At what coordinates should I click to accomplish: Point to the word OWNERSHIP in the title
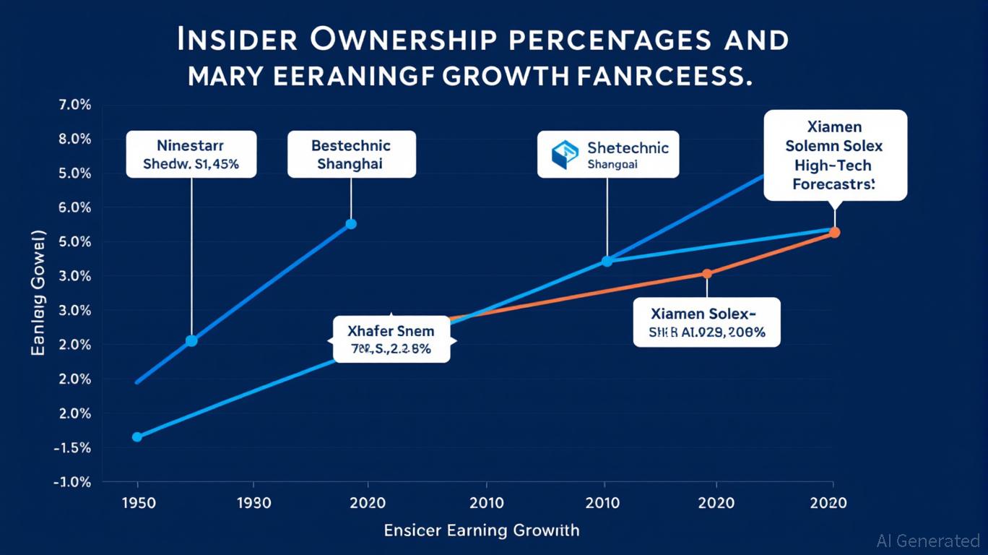point(403,40)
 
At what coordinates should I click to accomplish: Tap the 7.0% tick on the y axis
point(73,106)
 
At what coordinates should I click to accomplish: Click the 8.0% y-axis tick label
point(73,139)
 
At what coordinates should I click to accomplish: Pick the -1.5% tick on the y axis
point(71,448)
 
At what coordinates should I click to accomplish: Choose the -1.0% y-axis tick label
point(71,482)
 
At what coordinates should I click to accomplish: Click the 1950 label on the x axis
point(136,503)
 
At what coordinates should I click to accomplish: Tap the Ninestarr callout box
point(191,154)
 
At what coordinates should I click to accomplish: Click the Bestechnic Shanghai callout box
point(351,154)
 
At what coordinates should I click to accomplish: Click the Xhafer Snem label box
point(391,340)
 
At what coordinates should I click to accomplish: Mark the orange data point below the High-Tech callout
point(834,233)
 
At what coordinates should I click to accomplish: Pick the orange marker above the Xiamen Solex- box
point(707,273)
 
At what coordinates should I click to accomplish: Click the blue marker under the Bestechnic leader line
point(351,224)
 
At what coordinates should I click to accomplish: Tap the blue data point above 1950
point(137,437)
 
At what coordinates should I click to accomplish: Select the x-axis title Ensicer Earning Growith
point(482,530)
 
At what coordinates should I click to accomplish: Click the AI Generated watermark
point(927,541)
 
